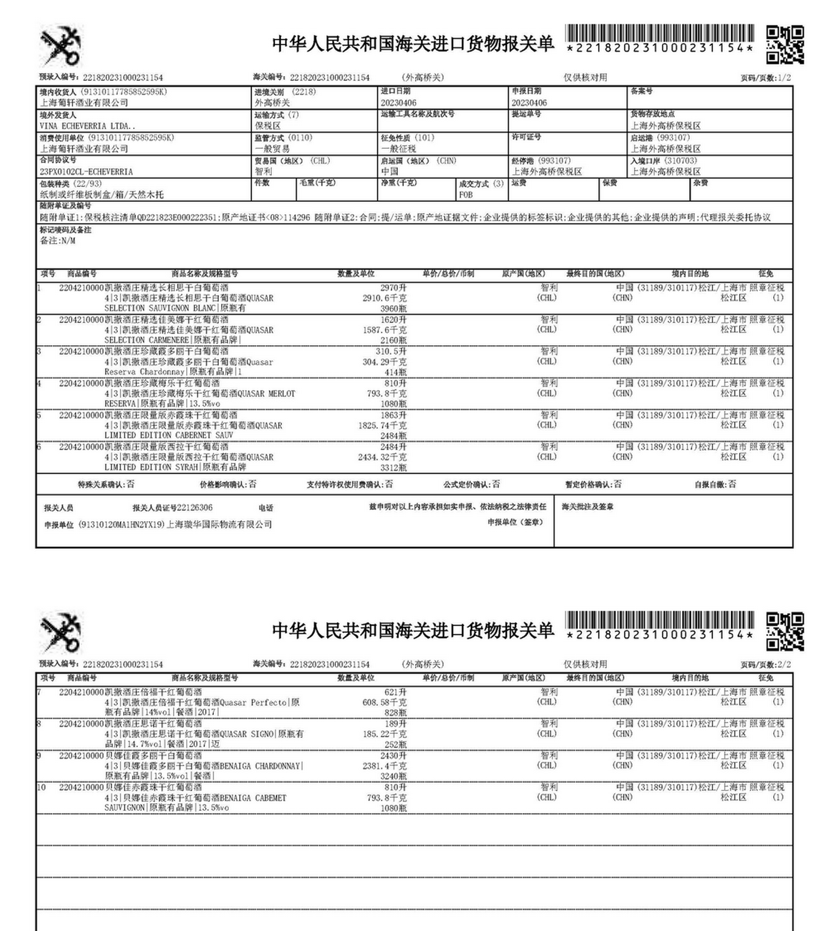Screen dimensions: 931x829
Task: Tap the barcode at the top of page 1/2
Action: (x=659, y=34)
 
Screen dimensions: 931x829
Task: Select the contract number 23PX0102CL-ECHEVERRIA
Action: (x=86, y=172)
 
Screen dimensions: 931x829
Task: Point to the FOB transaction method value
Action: (x=466, y=195)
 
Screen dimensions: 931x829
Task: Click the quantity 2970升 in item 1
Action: (x=393, y=288)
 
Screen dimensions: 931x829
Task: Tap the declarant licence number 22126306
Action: (x=195, y=508)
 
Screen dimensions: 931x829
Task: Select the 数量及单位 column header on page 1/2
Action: (x=356, y=274)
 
